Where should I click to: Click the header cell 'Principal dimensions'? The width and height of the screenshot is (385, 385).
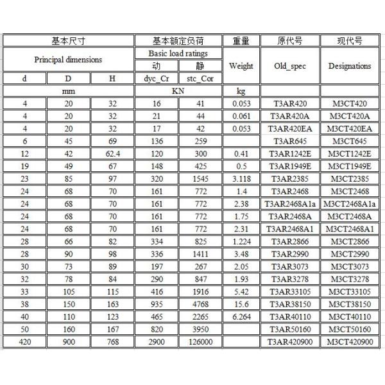point(67,60)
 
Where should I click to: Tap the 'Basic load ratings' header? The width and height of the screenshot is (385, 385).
point(178,53)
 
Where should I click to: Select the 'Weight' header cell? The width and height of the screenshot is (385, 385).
point(241,65)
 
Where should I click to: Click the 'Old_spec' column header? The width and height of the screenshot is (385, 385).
point(289,65)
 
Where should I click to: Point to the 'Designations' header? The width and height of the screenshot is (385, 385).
point(349,65)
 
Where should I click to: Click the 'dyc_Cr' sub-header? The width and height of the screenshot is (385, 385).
point(156,78)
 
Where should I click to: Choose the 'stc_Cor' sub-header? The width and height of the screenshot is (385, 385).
point(200,78)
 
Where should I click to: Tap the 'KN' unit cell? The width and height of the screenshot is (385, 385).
point(178,91)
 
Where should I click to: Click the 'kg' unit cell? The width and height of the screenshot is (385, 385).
point(241,91)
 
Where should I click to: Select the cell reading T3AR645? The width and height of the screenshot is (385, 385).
point(289,141)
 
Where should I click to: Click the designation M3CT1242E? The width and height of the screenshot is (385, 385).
point(349,153)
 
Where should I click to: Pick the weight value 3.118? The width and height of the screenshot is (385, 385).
point(241,178)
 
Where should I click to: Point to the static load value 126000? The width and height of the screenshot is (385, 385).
point(200,341)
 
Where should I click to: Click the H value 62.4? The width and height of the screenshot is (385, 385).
point(112,153)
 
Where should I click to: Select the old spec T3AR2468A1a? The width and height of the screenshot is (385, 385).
point(289,203)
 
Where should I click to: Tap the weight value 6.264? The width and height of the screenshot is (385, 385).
point(241,316)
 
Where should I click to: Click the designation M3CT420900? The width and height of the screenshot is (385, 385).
point(349,341)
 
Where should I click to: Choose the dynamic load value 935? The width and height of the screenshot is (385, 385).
point(156,304)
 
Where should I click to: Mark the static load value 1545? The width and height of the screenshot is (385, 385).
point(200,178)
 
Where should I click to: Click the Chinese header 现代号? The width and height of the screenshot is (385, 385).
point(349,40)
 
